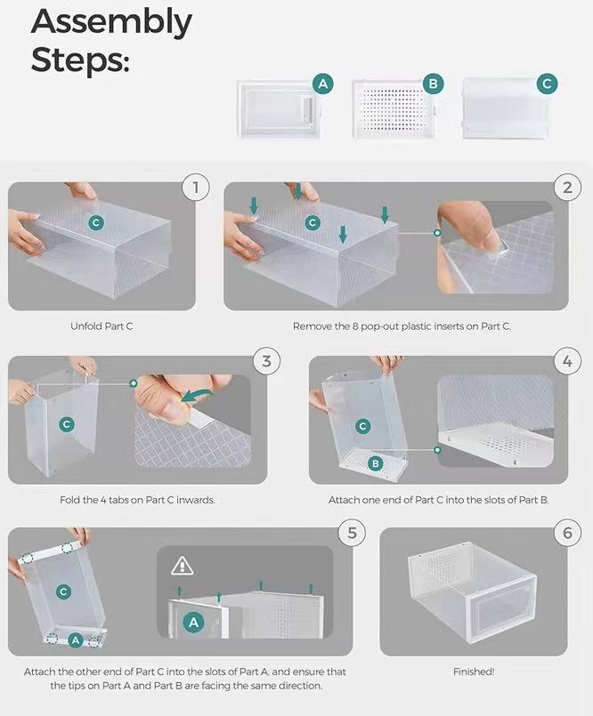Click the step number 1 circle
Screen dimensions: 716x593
pyautogui.click(x=195, y=188)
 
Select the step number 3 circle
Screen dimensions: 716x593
pyautogui.click(x=265, y=361)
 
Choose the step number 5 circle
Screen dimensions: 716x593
pyautogui.click(x=353, y=533)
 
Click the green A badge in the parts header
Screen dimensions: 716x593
pyautogui.click(x=324, y=84)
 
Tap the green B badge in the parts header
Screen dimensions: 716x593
pyautogui.click(x=434, y=84)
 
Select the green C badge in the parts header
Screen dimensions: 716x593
pyautogui.click(x=548, y=84)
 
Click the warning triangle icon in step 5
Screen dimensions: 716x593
pyautogui.click(x=182, y=565)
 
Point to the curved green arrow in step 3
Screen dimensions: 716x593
pyautogui.click(x=200, y=393)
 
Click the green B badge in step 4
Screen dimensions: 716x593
pyautogui.click(x=376, y=463)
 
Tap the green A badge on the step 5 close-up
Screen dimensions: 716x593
pyautogui.click(x=194, y=623)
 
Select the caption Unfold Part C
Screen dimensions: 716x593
pyautogui.click(x=102, y=326)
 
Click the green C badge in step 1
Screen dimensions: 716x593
pyautogui.click(x=95, y=223)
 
